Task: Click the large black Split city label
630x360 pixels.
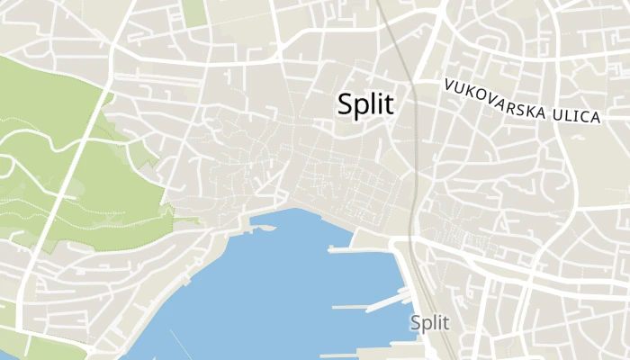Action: [x=365, y=103]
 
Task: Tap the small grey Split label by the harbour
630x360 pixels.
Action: [x=429, y=322]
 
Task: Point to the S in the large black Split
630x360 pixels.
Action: [x=346, y=103]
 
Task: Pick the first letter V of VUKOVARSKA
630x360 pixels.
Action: [x=446, y=85]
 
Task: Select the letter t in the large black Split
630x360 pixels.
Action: [x=389, y=103]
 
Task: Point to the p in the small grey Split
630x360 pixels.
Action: [x=426, y=324]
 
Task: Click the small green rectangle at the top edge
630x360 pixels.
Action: [x=193, y=11]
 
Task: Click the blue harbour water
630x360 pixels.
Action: [x=270, y=288]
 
